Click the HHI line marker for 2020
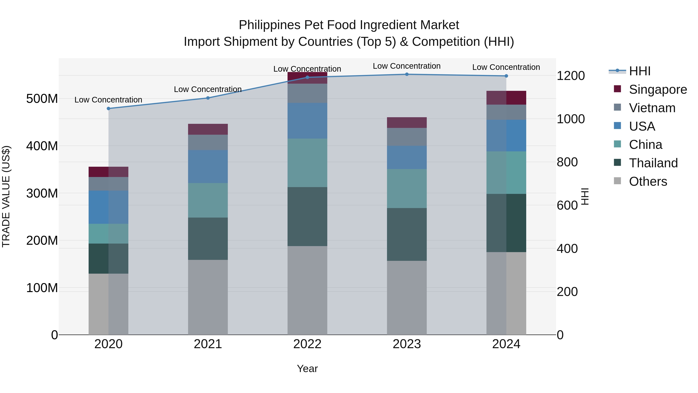108,108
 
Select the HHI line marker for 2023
407,74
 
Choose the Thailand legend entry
653,163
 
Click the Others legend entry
648,181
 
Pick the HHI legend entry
639,71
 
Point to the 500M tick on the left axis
42,99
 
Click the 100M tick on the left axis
42,288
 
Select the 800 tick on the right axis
567,162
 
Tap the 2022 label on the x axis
307,344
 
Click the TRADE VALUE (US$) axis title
6,196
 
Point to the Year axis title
307,369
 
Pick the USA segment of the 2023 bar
407,157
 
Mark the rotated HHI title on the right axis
585,196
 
